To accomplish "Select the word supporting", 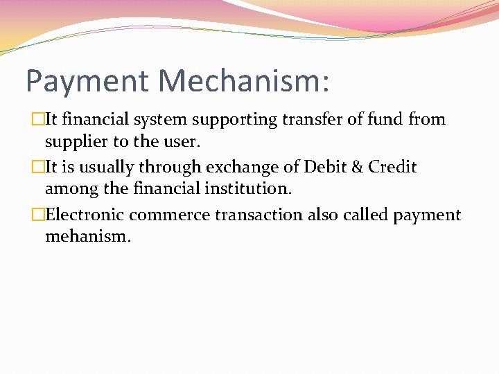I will click(x=234, y=120).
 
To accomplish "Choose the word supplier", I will click(x=76, y=143).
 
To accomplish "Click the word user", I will click(x=182, y=143).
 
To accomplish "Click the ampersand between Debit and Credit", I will click(x=355, y=167).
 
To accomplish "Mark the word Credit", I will click(x=392, y=167).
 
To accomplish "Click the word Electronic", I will click(x=85, y=215).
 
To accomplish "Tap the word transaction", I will click(x=259, y=215).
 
